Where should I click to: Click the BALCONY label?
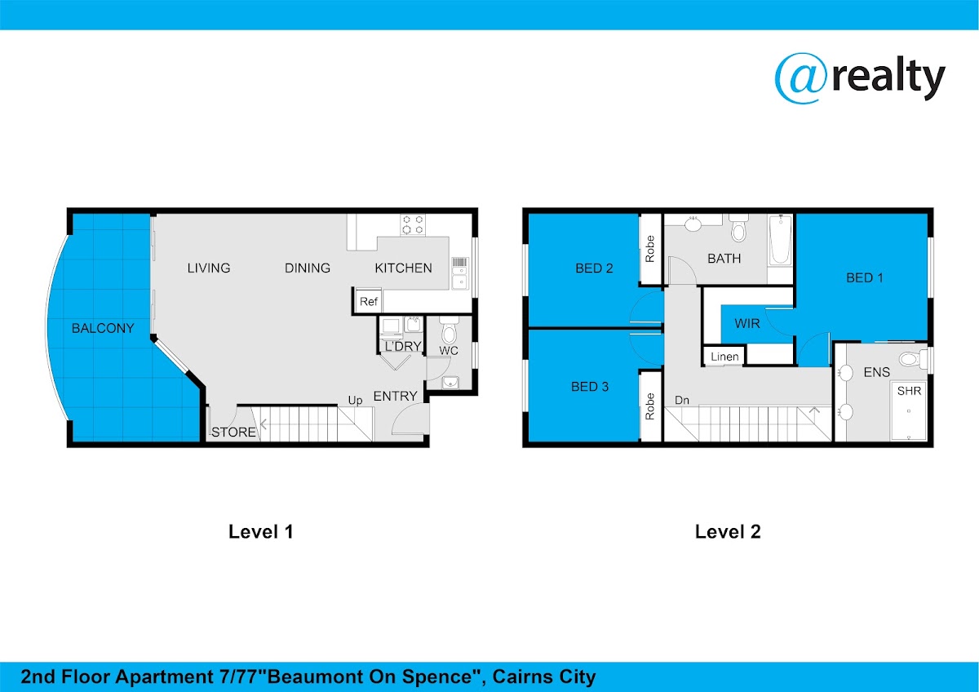103,328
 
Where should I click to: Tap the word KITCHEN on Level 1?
403,268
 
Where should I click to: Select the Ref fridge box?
368,301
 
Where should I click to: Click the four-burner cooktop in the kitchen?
413,224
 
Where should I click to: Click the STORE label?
234,432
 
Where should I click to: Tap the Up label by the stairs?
355,401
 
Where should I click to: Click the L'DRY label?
402,346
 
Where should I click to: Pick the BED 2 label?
594,268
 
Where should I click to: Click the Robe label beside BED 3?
650,406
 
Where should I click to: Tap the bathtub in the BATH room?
781,240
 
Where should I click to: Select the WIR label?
747,323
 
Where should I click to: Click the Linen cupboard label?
724,357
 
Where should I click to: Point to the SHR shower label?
909,390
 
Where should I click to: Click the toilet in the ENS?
913,359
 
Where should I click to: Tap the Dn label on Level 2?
682,400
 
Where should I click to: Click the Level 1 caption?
261,531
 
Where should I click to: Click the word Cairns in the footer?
516,676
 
